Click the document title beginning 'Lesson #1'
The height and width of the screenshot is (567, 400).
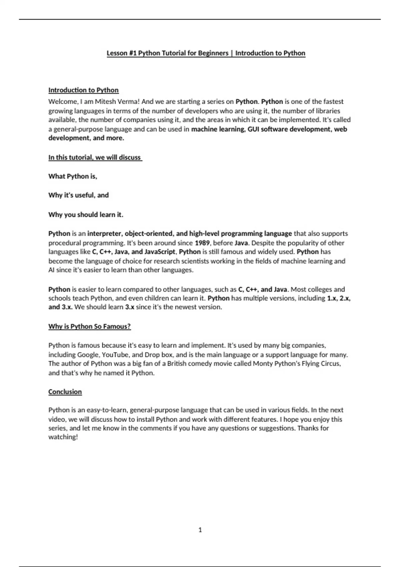coord(206,53)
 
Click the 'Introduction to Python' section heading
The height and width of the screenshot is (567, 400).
coord(83,90)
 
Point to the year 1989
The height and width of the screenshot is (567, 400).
coord(202,243)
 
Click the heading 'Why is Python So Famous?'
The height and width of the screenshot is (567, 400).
coord(89,327)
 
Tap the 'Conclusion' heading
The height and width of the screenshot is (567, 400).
coord(65,392)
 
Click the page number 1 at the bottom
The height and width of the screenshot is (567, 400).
coord(200,530)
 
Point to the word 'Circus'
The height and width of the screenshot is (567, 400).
coord(331,364)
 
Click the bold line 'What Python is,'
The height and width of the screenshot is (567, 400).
coord(73,176)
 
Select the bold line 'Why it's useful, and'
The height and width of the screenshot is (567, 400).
coord(78,195)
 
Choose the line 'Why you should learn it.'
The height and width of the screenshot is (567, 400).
coord(86,215)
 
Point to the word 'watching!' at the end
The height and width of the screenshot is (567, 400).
coord(63,437)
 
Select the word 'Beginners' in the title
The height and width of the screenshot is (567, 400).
coord(213,53)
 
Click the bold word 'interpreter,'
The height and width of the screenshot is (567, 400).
coord(104,233)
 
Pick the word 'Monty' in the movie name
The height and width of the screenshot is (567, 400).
coord(263,364)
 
